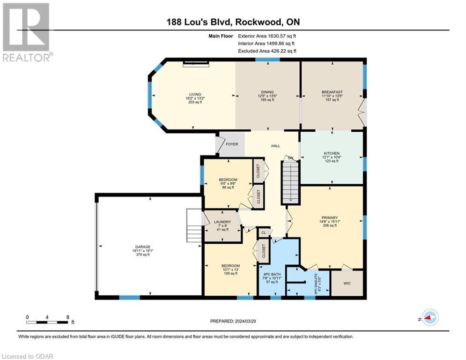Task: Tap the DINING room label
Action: pos(267,92)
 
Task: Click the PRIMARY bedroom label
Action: pos(326,217)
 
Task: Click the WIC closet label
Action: pos(347,283)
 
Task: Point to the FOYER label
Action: pos(232,144)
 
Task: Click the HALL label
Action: pos(276,146)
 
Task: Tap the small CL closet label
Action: pos(264,232)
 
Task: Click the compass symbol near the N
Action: pos(429,318)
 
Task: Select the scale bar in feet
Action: pos(48,322)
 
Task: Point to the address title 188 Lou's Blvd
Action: pos(233,22)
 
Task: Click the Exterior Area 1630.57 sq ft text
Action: pos(267,36)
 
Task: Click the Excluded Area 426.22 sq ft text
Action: pos(267,51)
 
